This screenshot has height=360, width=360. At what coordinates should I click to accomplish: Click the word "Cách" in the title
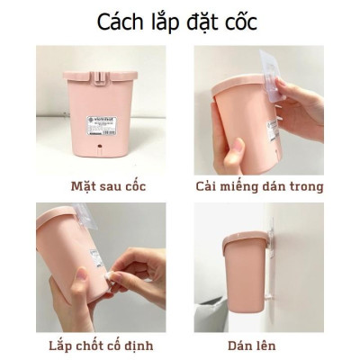click(x=121, y=22)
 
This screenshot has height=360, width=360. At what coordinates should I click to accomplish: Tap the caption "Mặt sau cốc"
click(x=100, y=186)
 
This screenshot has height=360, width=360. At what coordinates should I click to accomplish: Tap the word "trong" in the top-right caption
click(x=305, y=186)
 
